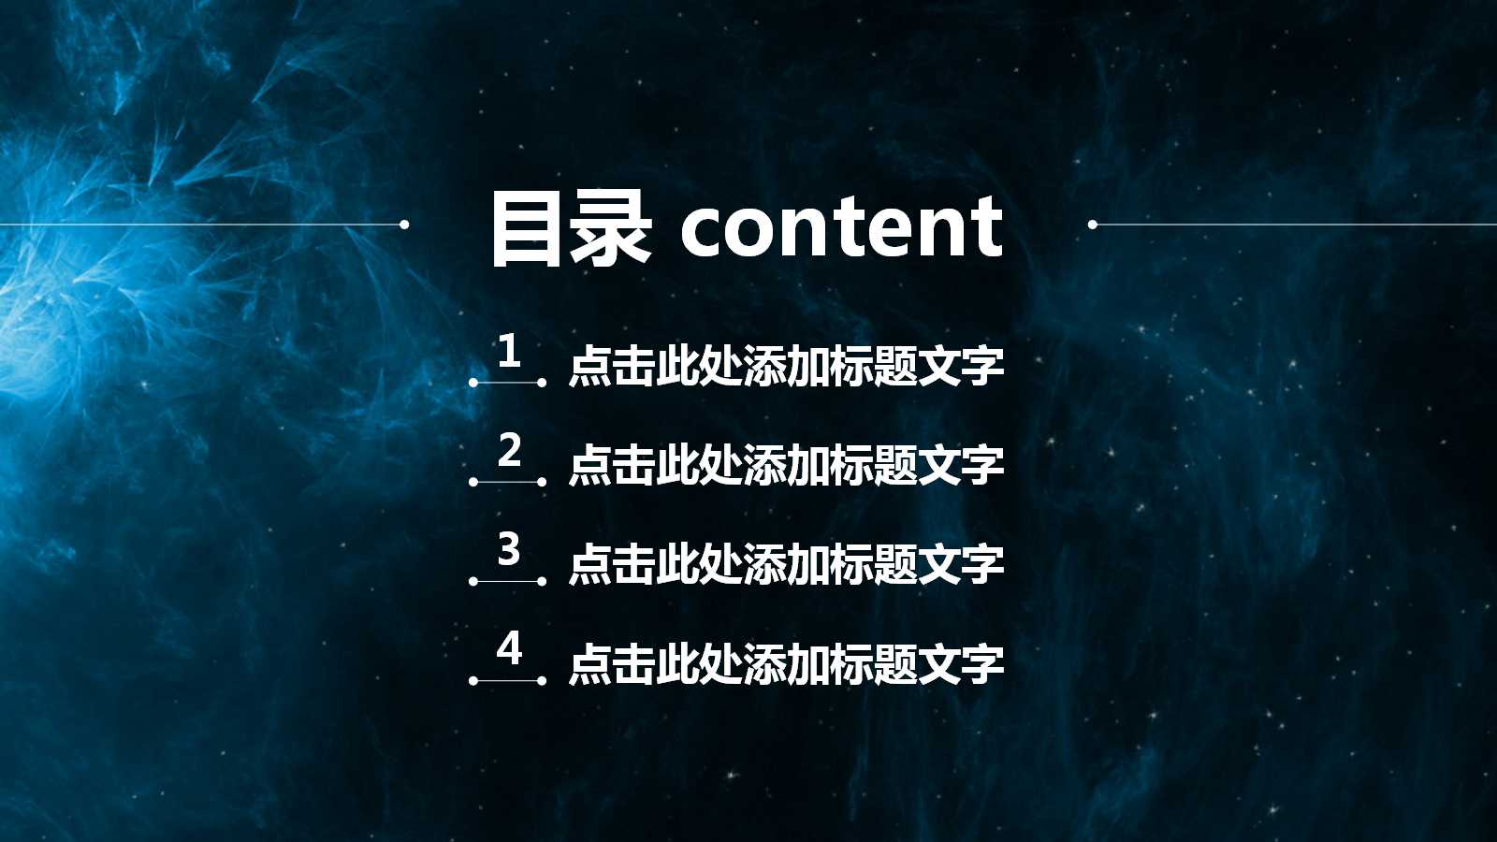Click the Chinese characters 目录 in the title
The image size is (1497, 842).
point(570,227)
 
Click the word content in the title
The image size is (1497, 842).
point(842,227)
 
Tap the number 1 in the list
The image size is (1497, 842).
point(508,352)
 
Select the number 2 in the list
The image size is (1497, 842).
point(509,451)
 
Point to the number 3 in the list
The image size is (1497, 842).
point(508,549)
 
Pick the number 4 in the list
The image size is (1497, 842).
point(509,648)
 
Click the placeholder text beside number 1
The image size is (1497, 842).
point(786,366)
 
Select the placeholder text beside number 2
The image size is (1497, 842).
point(786,465)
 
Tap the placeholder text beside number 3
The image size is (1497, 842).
point(786,564)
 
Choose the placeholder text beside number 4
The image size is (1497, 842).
point(786,663)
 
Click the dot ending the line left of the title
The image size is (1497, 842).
point(404,225)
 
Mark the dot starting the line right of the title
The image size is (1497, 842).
point(1092,225)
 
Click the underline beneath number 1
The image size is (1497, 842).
point(508,383)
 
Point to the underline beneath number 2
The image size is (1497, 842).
point(508,482)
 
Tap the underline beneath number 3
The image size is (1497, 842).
point(508,581)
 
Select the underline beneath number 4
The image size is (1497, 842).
point(508,680)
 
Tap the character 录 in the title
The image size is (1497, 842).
point(611,227)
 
